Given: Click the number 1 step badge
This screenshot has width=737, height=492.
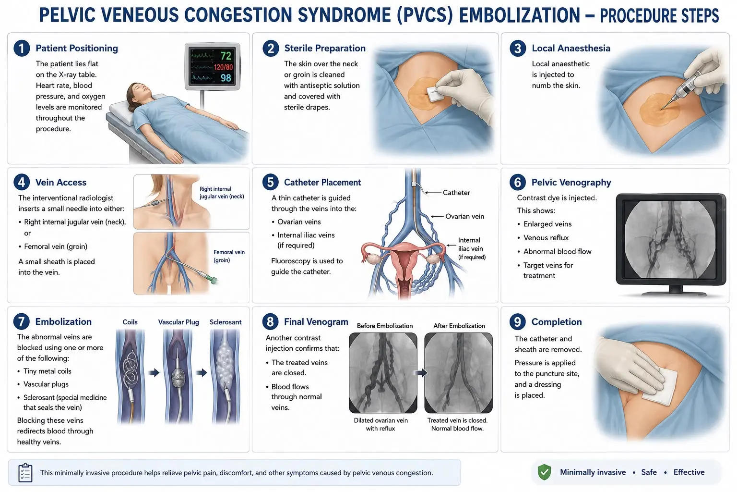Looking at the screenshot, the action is (x=22, y=48).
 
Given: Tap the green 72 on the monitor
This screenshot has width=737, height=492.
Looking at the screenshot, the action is (x=226, y=56).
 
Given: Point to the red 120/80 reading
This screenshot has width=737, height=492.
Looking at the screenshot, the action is (x=224, y=67).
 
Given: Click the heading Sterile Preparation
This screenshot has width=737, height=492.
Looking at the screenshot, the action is (x=325, y=48).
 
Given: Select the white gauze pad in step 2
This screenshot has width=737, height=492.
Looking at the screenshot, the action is (x=435, y=93).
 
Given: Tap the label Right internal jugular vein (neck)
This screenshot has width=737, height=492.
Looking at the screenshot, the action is (x=222, y=193).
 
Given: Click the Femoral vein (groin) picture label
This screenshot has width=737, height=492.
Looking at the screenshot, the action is (x=229, y=256).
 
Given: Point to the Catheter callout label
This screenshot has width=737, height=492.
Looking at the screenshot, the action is (x=456, y=193).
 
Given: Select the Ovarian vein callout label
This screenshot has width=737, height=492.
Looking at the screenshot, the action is (x=464, y=216).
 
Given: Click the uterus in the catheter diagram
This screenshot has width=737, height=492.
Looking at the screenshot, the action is (x=405, y=264).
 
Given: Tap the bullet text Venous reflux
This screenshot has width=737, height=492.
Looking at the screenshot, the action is (x=546, y=238).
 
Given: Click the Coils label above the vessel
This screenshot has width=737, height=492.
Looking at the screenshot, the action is (x=130, y=322).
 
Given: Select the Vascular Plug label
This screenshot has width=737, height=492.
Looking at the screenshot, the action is (x=178, y=322).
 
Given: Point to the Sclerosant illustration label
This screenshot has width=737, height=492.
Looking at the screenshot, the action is (x=226, y=322).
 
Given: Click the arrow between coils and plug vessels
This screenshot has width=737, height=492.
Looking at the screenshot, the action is (x=154, y=373).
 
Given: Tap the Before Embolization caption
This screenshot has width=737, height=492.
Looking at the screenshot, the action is (x=385, y=326).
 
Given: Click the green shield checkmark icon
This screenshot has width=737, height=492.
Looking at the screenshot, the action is (x=544, y=472).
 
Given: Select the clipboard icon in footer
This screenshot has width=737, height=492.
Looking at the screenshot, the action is (x=25, y=473).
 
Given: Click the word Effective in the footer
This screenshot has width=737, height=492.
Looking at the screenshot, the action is (x=689, y=472).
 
